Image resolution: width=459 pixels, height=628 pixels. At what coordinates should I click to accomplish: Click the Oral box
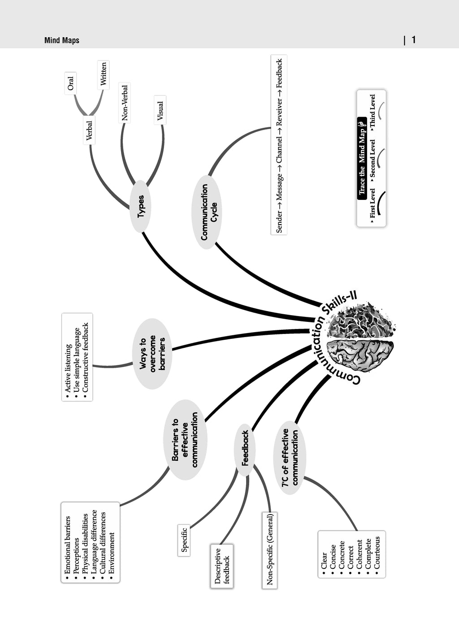(70, 83)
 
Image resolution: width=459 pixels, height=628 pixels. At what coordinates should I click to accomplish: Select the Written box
(104, 75)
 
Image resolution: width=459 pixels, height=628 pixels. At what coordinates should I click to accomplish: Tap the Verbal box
(89, 130)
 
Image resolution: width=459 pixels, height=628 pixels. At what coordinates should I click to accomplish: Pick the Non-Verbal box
(125, 103)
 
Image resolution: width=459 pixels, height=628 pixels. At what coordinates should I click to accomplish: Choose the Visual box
(160, 110)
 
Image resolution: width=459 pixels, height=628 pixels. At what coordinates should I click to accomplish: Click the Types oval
(140, 206)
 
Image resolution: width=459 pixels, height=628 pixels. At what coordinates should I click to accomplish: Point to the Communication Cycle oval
(207, 212)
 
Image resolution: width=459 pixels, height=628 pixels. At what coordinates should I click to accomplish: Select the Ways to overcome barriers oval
(152, 354)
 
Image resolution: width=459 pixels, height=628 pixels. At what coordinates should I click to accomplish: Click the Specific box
(184, 540)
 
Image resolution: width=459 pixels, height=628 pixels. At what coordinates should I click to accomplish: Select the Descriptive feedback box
(222, 566)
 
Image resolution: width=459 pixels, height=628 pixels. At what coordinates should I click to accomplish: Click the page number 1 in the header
(414, 40)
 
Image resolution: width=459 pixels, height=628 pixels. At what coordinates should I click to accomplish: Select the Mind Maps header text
(62, 40)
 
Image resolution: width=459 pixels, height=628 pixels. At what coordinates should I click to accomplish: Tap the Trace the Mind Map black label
(362, 158)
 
